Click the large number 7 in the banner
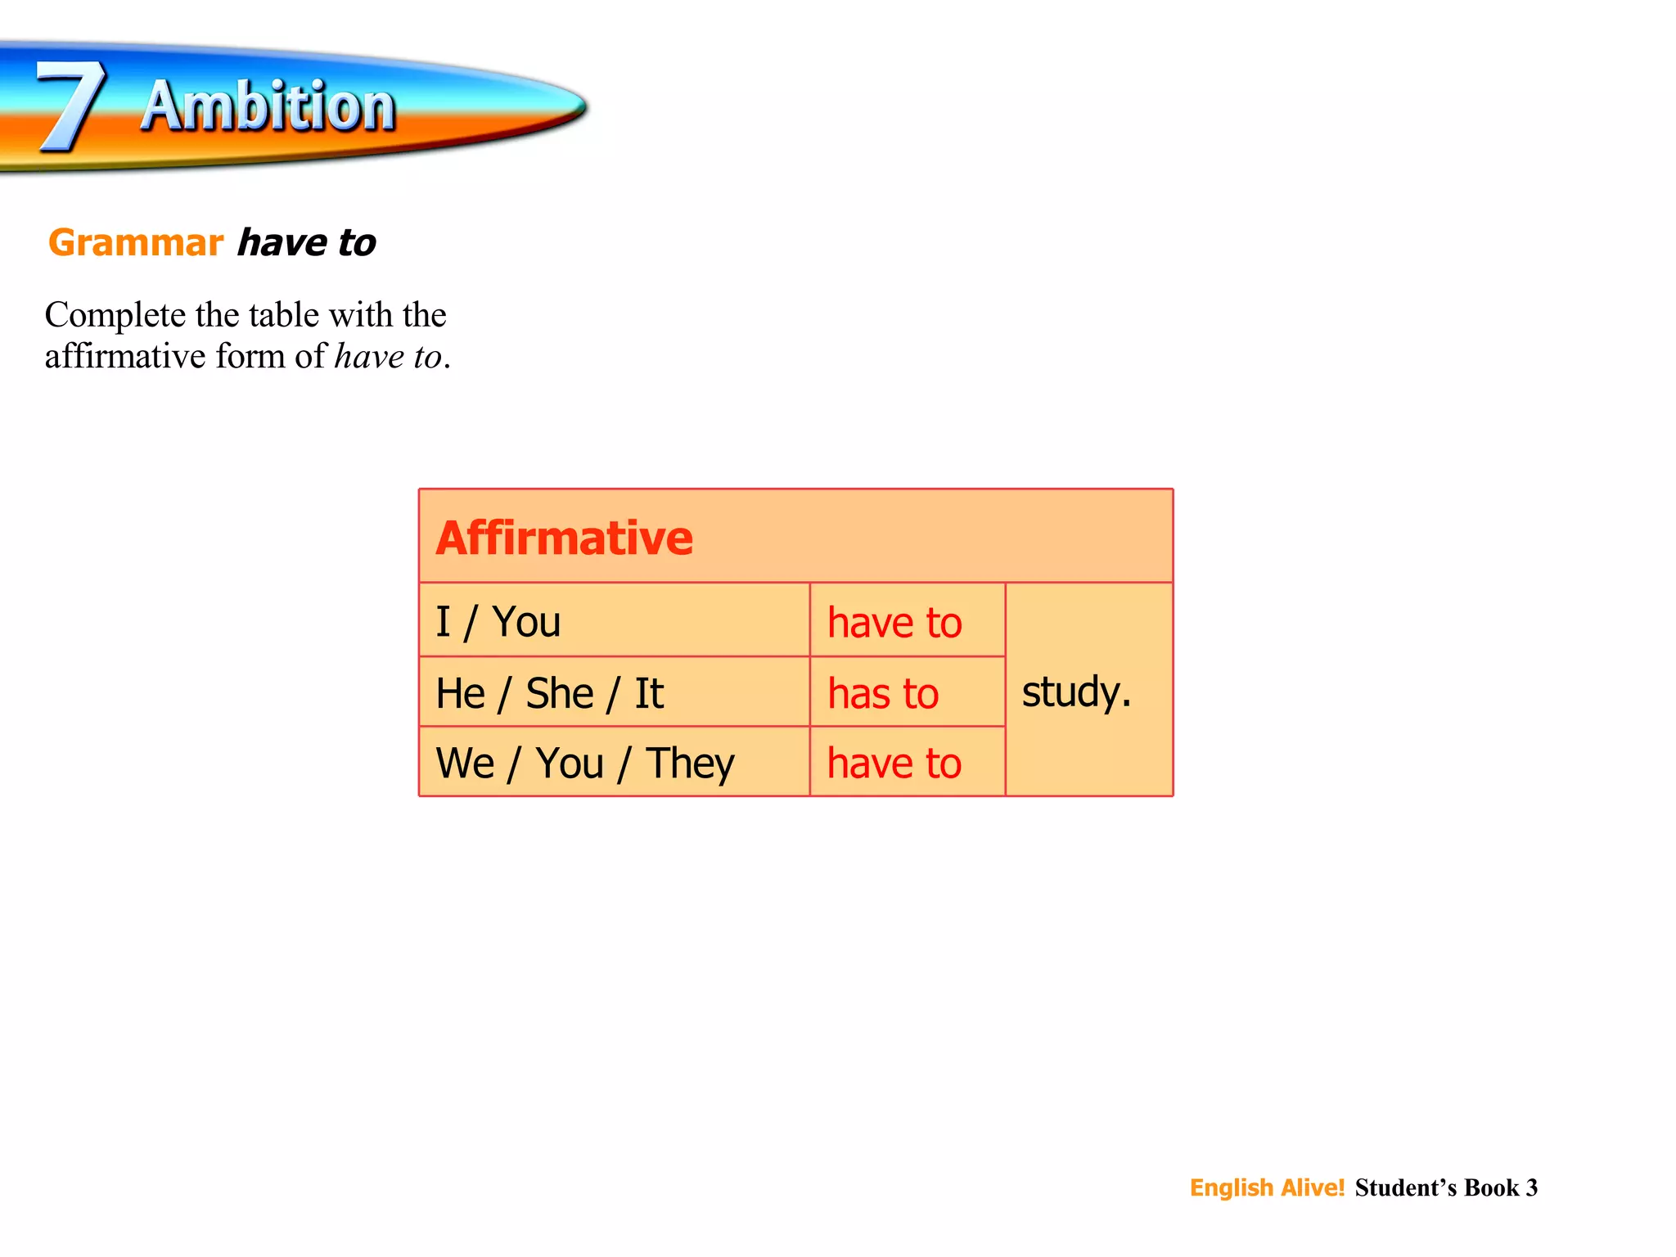pyautogui.click(x=72, y=106)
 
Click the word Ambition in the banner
pyautogui.click(x=268, y=106)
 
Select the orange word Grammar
pyautogui.click(x=136, y=243)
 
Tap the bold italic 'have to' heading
pyautogui.click(x=307, y=243)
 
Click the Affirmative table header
pyautogui.click(x=565, y=538)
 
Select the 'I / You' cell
pyautogui.click(x=498, y=622)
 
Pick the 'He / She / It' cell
pyautogui.click(x=549, y=693)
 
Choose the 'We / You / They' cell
pyautogui.click(x=585, y=764)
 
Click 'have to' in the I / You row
pyautogui.click(x=894, y=623)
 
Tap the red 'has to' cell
pyautogui.click(x=883, y=694)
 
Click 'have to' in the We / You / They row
pyautogui.click(x=894, y=764)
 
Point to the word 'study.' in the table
pyautogui.click(x=1076, y=692)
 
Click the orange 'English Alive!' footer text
pyautogui.click(x=1267, y=1187)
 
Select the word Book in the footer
pyautogui.click(x=1491, y=1187)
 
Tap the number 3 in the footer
pyautogui.click(x=1531, y=1187)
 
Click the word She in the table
pyautogui.click(x=559, y=693)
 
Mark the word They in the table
pyautogui.click(x=690, y=764)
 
